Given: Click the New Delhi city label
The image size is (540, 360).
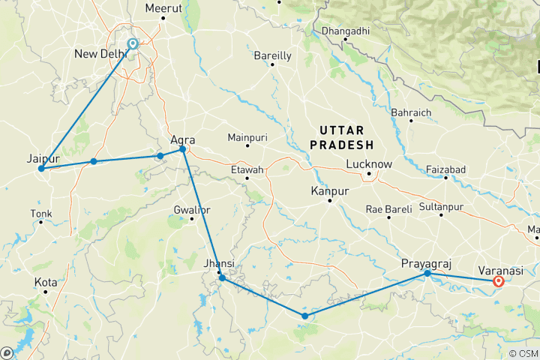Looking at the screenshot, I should (101, 54).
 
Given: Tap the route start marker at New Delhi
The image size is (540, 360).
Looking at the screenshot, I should (133, 43).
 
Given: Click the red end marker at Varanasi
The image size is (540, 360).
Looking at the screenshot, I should (498, 282).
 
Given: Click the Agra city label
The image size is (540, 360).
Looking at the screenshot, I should (183, 139).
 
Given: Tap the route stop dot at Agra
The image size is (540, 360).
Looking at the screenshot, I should (183, 150).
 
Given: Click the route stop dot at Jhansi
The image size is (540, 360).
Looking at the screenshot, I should (222, 278).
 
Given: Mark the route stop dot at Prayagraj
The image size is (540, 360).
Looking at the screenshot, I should (427, 274).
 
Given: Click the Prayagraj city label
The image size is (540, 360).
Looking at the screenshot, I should (427, 263).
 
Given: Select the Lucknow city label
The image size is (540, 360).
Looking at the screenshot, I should (369, 164).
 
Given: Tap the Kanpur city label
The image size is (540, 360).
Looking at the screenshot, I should (330, 192).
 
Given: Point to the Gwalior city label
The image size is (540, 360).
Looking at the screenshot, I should (192, 208).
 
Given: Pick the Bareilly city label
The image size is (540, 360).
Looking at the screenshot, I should (272, 55).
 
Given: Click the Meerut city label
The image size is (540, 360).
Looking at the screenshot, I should (164, 7).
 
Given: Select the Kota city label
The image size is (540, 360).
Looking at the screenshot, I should (45, 282).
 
